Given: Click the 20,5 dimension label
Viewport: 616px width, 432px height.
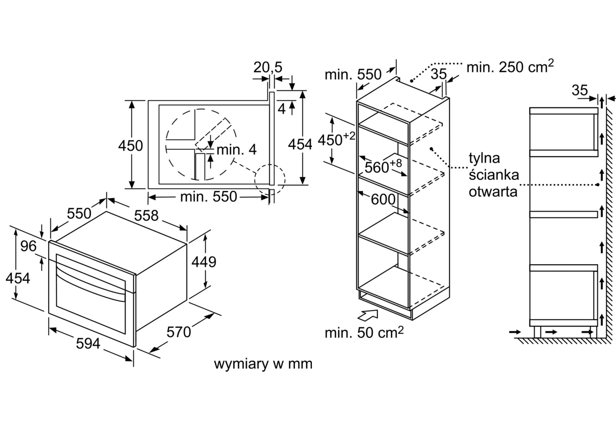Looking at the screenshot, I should [x=268, y=67].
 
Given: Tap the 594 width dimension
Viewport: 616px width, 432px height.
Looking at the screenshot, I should [x=88, y=343].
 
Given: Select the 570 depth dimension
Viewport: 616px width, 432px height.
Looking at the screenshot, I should [x=179, y=332].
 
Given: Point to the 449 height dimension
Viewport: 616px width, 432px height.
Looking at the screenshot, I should [x=204, y=262].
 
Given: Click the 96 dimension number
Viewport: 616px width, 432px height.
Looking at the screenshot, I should [x=28, y=246].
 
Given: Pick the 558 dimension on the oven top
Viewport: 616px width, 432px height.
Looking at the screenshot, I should [x=146, y=216].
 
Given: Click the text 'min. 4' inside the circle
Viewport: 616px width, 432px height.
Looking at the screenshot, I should [x=236, y=150].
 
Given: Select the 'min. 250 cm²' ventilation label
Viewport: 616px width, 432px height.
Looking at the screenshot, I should [x=510, y=67].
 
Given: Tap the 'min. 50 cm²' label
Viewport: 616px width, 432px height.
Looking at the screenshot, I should [x=364, y=332].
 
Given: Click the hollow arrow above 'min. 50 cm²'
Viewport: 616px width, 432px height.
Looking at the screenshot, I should [x=368, y=315].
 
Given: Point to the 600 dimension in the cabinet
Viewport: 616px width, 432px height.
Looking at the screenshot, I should [x=383, y=199].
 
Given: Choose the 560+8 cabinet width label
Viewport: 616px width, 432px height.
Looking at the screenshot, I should [x=383, y=166].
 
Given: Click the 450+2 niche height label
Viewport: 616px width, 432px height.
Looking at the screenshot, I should [x=336, y=139].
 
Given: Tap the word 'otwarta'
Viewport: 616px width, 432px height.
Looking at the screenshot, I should [x=493, y=192].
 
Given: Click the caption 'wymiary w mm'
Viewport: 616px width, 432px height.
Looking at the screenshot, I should [x=263, y=364].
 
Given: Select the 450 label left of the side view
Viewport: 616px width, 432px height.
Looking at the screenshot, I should [x=130, y=145].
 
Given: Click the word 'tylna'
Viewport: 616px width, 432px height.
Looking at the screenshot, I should [x=484, y=158].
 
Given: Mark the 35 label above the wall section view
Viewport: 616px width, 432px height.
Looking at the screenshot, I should [x=579, y=90].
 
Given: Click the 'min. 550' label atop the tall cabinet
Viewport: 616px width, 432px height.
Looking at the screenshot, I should [x=353, y=75].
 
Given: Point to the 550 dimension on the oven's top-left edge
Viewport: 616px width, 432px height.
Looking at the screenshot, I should [x=79, y=213].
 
